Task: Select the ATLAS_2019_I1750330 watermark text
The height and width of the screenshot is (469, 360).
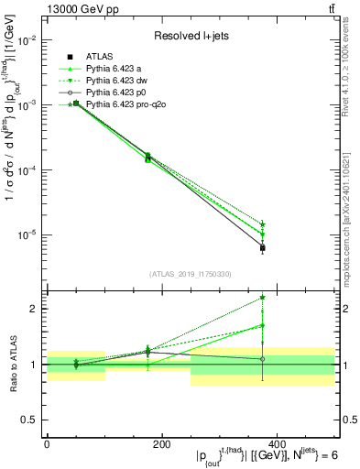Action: pos(191,273)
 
